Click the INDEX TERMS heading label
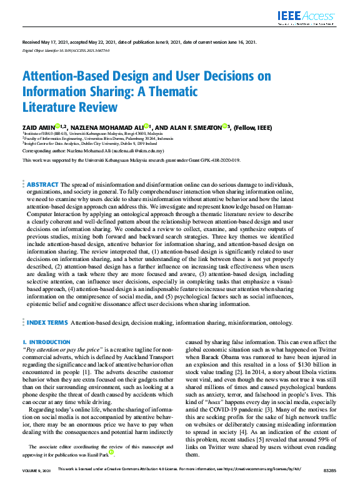tap(47, 323)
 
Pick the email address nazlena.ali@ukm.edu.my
tap(143, 151)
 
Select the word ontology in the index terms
tap(276, 324)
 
